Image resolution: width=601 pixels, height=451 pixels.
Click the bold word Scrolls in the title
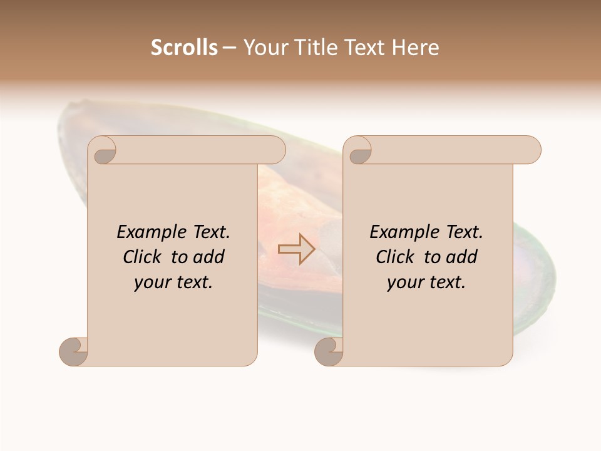[185, 48]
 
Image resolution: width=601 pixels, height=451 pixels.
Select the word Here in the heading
[416, 48]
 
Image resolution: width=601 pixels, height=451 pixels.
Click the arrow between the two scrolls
[296, 249]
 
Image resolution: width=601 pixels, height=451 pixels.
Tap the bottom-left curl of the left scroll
[73, 351]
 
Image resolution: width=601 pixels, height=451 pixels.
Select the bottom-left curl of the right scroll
[329, 351]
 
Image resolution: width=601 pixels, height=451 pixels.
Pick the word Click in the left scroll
[143, 257]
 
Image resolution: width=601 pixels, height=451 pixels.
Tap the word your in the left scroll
[152, 283]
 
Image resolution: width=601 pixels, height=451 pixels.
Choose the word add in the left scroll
[210, 257]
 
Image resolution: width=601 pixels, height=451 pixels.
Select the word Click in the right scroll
[396, 257]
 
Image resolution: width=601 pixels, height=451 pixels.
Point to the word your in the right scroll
[405, 283]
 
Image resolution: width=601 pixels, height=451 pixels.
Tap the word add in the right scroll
[463, 257]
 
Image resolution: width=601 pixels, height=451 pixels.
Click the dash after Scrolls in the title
[230, 48]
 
